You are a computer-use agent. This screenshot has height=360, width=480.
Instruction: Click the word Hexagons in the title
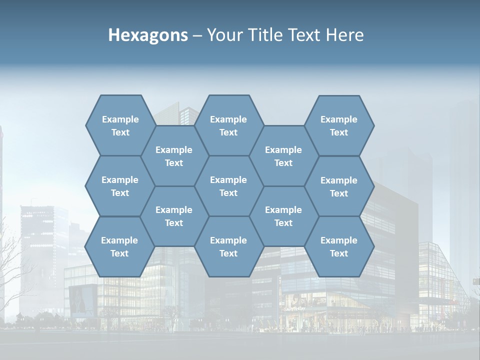pos(148,35)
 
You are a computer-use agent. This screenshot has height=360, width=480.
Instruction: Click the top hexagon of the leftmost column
pos(120,125)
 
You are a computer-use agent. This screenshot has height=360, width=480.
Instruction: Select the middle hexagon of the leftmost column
pos(120,186)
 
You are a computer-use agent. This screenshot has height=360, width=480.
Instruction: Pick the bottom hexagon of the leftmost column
pos(119,246)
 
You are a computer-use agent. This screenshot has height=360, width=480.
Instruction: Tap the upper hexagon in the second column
pos(174,156)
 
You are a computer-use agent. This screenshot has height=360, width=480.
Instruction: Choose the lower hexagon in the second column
pos(174,216)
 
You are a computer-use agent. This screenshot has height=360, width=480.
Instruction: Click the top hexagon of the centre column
pos(228,125)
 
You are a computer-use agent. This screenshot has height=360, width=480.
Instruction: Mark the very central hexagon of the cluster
pos(228,186)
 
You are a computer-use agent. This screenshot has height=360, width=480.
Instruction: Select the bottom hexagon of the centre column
pos(228,246)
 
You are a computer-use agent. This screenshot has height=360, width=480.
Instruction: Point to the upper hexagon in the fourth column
pos(283,156)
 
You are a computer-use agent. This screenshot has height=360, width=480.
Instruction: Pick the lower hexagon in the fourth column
pos(283,216)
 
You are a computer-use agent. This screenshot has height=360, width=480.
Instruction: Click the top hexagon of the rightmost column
pos(339,125)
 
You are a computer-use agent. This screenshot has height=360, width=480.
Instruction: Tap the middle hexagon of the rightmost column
pos(339,186)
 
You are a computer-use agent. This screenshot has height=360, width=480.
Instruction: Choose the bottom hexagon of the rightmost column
pos(339,246)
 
